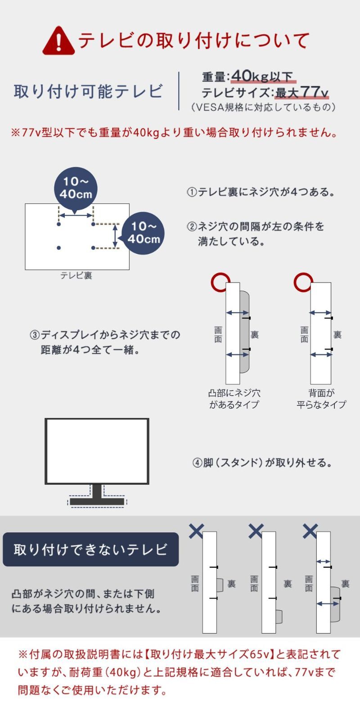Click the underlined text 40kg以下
[263, 76]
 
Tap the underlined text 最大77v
[302, 93]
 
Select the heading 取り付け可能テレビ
[88, 91]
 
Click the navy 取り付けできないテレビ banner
[90, 549]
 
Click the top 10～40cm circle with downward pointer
[76, 188]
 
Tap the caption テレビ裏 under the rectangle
[76, 275]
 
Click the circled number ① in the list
[192, 192]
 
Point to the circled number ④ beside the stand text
[198, 463]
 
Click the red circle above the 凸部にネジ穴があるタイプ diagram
[220, 283]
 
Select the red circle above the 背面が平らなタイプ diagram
[303, 282]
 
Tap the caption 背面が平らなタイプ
[321, 399]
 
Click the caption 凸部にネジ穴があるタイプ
[234, 399]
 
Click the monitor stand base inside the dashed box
[97, 501]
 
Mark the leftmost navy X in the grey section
[196, 531]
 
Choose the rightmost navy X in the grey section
[310, 531]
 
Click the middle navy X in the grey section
[256, 531]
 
